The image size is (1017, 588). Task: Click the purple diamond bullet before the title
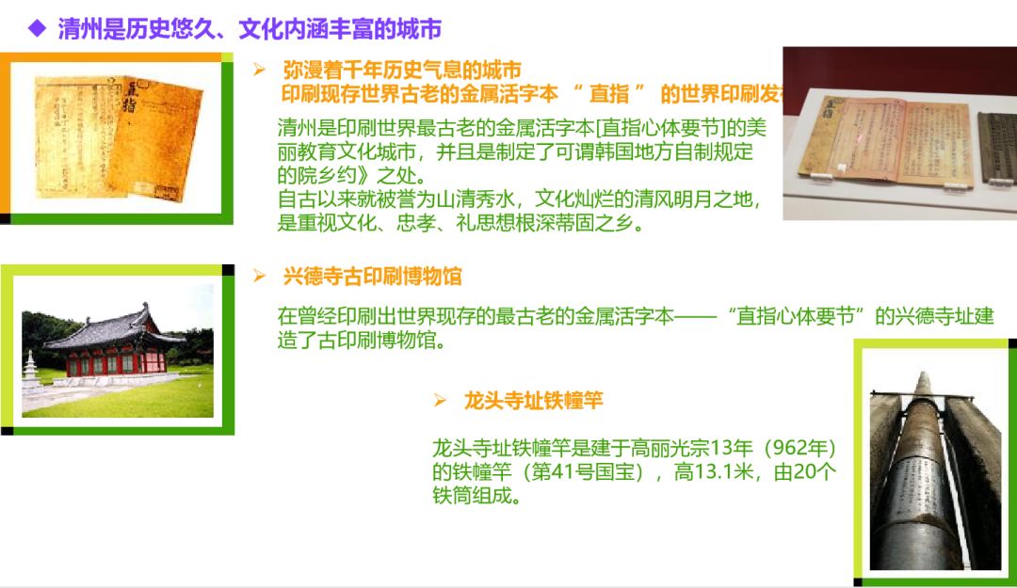(37, 28)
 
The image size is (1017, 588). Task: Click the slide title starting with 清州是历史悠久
(250, 29)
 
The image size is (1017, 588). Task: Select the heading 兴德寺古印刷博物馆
(373, 277)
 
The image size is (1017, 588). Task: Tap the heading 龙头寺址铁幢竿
(533, 401)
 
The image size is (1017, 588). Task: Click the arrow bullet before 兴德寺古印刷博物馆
(260, 276)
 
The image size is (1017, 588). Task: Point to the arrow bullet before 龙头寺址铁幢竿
(439, 401)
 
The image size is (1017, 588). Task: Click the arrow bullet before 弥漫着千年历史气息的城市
(260, 70)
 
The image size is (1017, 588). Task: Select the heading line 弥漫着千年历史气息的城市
(402, 71)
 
